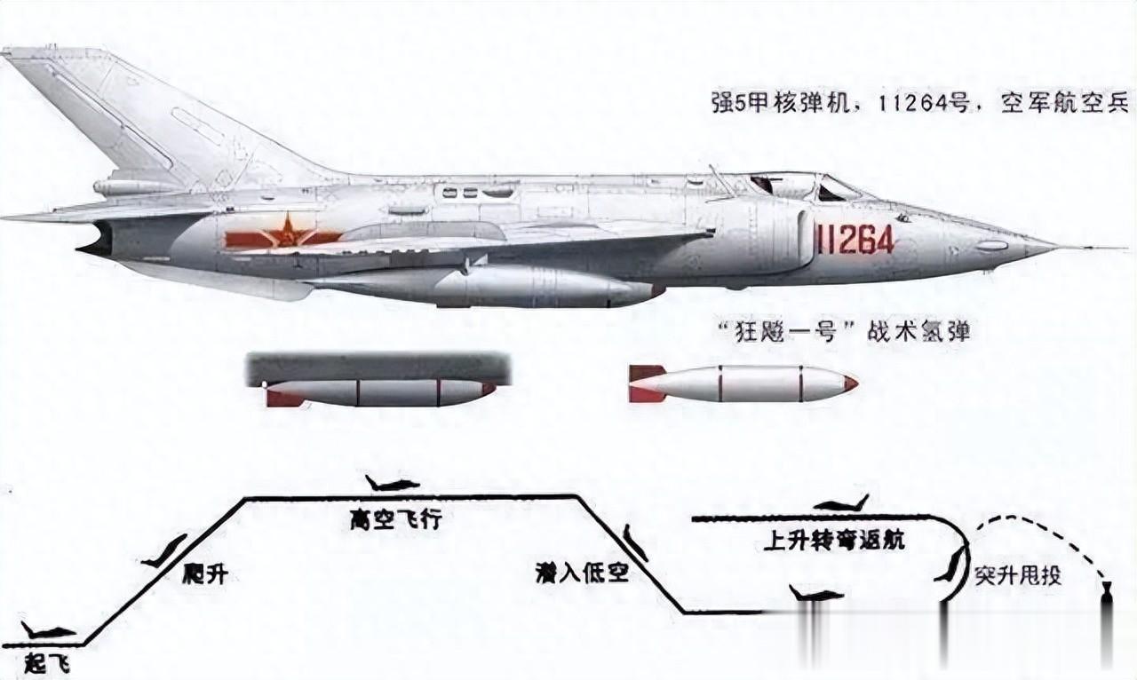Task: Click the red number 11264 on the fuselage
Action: [x=855, y=239]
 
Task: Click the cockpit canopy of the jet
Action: [x=804, y=186]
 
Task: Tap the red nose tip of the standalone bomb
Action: [x=850, y=384]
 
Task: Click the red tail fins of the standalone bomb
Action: [x=645, y=383]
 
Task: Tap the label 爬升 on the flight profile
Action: [x=206, y=573]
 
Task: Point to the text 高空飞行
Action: [x=396, y=519]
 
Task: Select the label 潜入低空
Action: [x=582, y=573]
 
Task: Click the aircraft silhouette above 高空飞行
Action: [x=393, y=484]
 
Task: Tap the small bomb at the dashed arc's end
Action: [x=1105, y=589]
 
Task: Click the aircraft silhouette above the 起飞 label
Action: [x=49, y=632]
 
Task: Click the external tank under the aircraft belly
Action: [x=533, y=289]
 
